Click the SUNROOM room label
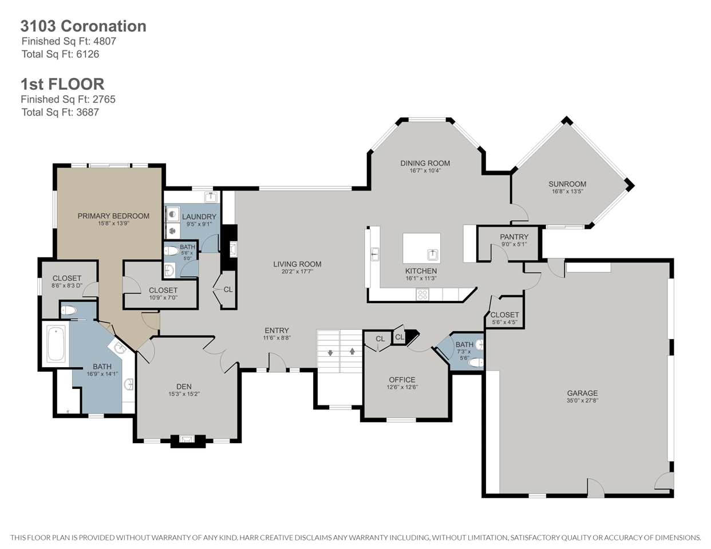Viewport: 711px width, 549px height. (567, 184)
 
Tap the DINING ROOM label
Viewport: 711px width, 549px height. (425, 163)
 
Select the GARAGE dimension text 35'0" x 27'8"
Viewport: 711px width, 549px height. (582, 400)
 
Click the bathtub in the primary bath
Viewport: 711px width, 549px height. (56, 344)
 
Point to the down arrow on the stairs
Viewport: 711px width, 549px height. (330, 353)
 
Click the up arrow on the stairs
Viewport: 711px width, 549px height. (352, 351)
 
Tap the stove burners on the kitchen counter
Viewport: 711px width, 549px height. (422, 295)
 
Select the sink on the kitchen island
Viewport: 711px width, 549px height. (433, 254)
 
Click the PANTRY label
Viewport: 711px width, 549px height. (514, 237)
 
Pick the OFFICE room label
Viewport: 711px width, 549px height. (402, 380)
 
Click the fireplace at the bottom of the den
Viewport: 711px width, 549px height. (188, 440)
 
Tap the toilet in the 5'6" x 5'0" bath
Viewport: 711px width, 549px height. (171, 251)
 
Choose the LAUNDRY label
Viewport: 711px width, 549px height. (199, 217)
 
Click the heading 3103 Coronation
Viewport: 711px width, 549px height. (84, 26)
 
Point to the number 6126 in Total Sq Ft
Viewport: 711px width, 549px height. (88, 54)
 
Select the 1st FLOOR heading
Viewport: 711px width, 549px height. (62, 84)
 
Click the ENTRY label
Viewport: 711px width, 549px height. (277, 331)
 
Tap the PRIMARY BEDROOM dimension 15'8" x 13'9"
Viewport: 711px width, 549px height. (113, 224)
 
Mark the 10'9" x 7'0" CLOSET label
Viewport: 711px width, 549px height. (163, 290)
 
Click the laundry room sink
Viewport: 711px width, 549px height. (211, 197)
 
